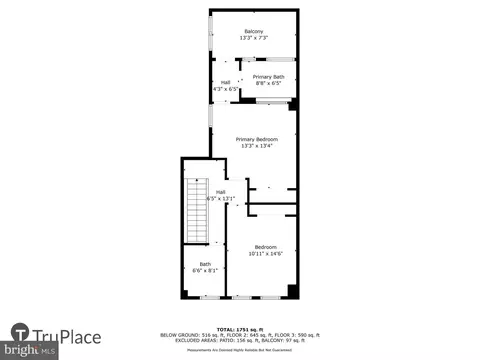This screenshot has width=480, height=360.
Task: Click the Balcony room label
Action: (253, 32)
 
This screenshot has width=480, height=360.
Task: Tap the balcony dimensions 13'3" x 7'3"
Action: (253, 39)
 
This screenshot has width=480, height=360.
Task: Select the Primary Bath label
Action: (268, 77)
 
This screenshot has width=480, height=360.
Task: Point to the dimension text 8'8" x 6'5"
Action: (268, 84)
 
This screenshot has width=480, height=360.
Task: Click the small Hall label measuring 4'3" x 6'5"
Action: (225, 82)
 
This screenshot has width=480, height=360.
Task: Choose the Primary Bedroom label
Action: (256, 139)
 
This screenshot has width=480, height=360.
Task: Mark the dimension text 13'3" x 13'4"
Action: (256, 146)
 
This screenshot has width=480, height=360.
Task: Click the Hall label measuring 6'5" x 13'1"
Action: (220, 192)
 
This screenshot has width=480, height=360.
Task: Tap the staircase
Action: (194, 213)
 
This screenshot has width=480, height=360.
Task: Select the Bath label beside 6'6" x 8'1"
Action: (205, 264)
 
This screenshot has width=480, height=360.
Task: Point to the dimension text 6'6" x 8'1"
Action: (205, 271)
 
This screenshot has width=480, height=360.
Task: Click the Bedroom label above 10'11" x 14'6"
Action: (265, 247)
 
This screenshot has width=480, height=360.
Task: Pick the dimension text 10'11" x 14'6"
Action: (265, 254)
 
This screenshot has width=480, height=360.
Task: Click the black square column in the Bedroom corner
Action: (292, 291)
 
